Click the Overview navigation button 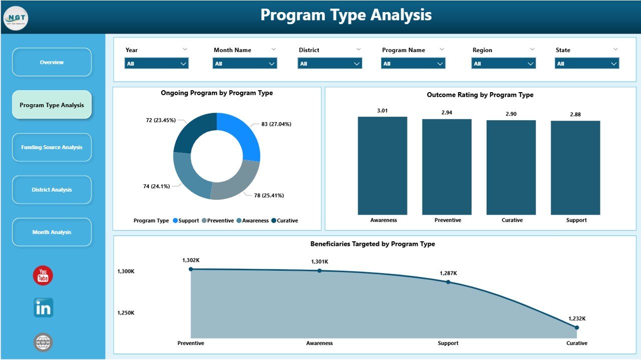click(52, 62)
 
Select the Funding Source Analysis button click(52, 147)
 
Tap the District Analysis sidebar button click(52, 190)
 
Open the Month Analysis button click(52, 232)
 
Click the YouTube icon click(43, 276)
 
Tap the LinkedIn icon click(43, 308)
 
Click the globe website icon click(43, 342)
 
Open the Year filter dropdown click(156, 64)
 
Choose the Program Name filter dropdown click(413, 64)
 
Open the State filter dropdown click(586, 64)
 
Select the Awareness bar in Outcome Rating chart click(383, 166)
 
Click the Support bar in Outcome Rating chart click(575, 168)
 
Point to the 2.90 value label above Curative click(511, 114)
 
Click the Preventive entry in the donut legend click(219, 221)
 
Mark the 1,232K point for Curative click(576, 327)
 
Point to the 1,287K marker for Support click(448, 282)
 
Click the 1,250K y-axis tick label click(126, 313)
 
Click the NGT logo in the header click(16, 19)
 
